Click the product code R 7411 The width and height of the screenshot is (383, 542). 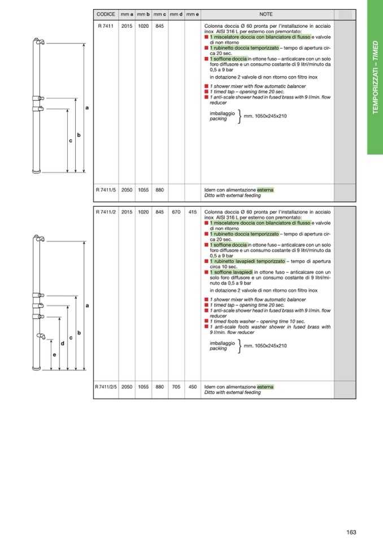click(x=106, y=26)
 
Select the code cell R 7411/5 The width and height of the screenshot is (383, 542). click(x=106, y=190)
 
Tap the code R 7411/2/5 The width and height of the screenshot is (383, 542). click(x=106, y=387)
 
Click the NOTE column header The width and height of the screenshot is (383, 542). click(x=266, y=14)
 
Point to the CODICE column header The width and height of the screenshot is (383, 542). click(x=106, y=14)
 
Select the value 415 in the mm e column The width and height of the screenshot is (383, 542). click(x=192, y=213)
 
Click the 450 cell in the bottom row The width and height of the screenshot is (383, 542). click(x=192, y=387)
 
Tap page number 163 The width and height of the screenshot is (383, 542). click(x=351, y=532)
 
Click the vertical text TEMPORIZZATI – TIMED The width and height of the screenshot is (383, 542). click(x=375, y=77)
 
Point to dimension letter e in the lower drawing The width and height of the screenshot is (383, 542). click(x=54, y=355)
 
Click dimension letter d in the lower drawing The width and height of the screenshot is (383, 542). click(x=62, y=343)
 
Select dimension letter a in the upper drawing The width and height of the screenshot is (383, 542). click(x=87, y=107)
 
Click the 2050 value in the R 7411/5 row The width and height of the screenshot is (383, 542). click(x=127, y=190)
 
